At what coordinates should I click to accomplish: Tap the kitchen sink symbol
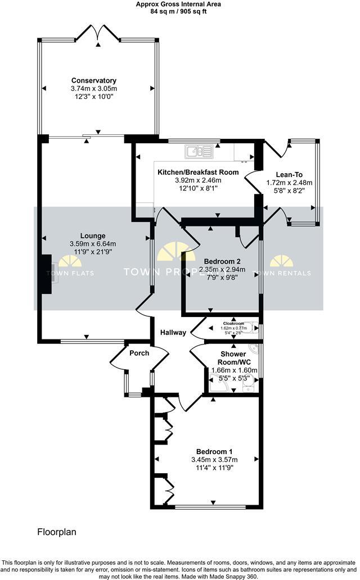[198, 151]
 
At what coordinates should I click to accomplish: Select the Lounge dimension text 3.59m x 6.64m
[93, 244]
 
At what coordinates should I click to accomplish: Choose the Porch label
[139, 353]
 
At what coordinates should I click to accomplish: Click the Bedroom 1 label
[214, 452]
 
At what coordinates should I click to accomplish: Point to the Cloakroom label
[233, 324]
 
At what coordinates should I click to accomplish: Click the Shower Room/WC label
[232, 358]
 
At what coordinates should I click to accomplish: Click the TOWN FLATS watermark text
[70, 273]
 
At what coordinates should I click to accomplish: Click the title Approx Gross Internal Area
[178, 4]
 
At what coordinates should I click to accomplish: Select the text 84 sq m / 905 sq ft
[178, 11]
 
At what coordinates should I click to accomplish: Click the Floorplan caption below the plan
[57, 531]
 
